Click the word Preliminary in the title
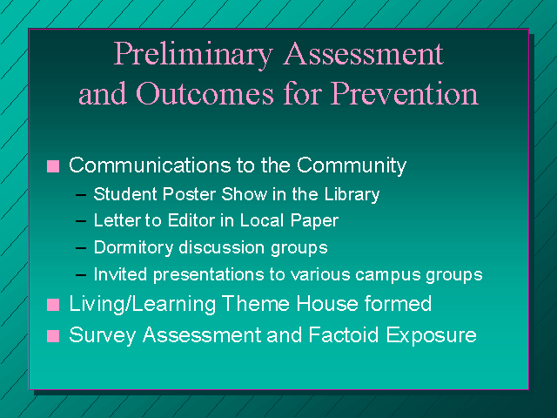pos(193,55)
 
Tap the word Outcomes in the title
pos(205,93)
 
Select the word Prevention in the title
pos(404,93)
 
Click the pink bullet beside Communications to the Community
pos(53,166)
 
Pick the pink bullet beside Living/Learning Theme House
pos(53,305)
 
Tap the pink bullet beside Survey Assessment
pos(53,336)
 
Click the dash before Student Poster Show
pos(81,195)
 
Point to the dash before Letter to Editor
pos(81,221)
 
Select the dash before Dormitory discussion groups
pos(81,248)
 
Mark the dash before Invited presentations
pos(81,275)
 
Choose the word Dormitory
pos(133,247)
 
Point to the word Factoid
pos(344,334)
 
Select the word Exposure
pos(432,335)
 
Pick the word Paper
pos(314,221)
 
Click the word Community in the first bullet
pos(352,165)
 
